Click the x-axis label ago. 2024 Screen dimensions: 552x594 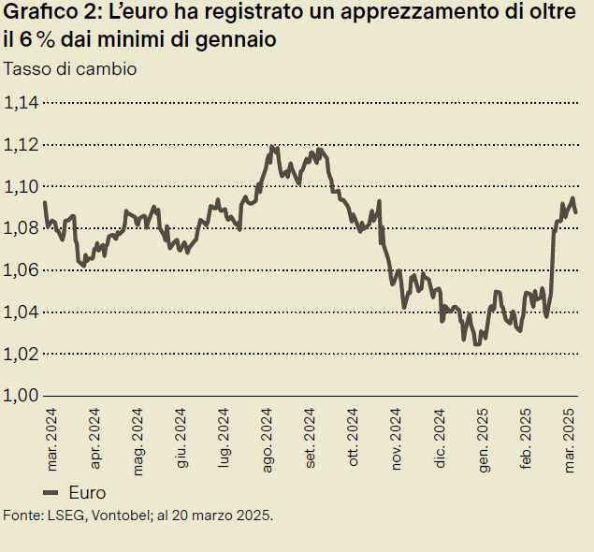point(268,438)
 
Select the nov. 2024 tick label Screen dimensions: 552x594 point(398,438)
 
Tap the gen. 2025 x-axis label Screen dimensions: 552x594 point(484,438)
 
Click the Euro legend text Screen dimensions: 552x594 point(88,493)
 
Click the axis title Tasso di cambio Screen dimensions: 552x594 point(71,69)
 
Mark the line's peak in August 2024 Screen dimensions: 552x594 point(272,147)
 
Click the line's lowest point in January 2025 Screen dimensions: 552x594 point(477,344)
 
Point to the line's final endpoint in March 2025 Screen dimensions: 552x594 point(575,212)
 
